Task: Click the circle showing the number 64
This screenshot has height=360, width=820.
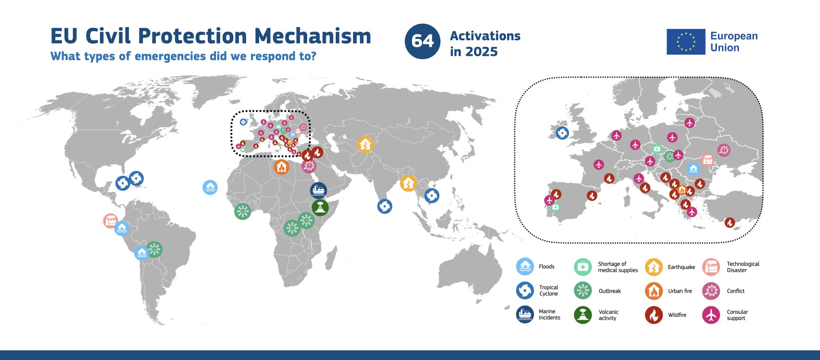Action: coord(422,41)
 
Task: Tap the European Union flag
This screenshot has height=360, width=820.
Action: coord(686,42)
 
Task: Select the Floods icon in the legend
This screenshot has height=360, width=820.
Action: coord(525,267)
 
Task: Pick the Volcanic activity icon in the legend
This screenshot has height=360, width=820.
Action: coord(583,315)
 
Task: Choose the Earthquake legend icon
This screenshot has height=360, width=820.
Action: coord(654,267)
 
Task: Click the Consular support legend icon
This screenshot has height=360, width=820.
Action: coord(711,315)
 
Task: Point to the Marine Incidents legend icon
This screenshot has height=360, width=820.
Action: coord(525,314)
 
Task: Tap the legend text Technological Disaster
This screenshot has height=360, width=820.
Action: coord(743,267)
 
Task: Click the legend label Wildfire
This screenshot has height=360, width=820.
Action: coord(677,315)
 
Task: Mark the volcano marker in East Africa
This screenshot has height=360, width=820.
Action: coord(320,207)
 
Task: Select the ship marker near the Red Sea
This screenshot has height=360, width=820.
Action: coord(318,190)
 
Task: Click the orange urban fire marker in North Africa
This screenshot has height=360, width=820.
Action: coord(281,167)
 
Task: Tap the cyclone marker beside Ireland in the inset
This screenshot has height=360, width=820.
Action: coord(562,133)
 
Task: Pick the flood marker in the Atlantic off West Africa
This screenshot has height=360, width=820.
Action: coord(210,187)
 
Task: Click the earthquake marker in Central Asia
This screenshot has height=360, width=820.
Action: coord(365,144)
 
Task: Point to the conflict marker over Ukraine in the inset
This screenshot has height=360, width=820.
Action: coord(724,150)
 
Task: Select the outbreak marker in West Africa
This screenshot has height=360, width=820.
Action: coord(242,212)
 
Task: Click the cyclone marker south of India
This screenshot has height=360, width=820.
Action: coord(385,206)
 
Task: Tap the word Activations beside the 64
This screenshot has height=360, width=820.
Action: coord(485,36)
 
